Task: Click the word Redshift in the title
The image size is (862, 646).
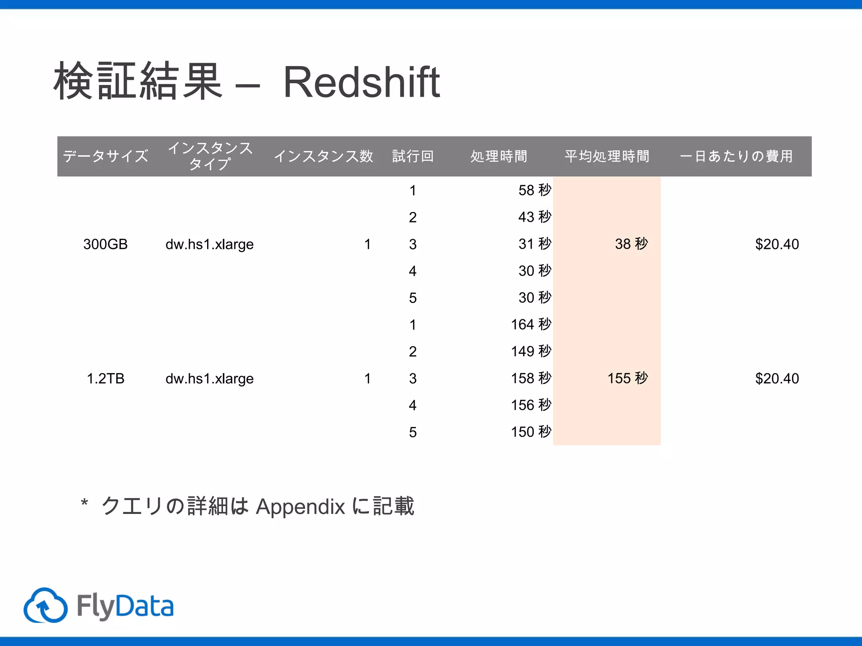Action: [361, 82]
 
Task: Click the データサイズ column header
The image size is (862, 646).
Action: [105, 156]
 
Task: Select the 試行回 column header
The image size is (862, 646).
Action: [412, 156]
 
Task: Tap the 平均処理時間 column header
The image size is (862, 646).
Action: [607, 156]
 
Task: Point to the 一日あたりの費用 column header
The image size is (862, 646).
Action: [736, 156]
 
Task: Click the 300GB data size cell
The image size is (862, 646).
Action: [105, 244]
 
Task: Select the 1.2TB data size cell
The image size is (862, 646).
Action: [105, 379]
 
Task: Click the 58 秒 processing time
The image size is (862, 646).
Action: [534, 190]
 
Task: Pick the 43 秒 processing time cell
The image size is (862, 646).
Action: [534, 217]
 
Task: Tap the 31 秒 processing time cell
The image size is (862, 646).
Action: [534, 244]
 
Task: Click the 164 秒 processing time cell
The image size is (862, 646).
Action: [530, 324]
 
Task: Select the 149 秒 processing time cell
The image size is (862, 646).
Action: [530, 351]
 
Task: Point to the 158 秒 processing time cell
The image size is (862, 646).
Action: [530, 378]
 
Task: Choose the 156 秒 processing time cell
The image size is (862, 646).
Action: [530, 405]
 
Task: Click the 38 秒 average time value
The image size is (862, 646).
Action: [631, 244]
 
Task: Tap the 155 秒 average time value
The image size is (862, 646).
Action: [627, 378]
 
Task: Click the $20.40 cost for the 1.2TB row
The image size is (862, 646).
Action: [777, 379]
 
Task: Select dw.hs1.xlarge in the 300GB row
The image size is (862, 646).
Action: [209, 244]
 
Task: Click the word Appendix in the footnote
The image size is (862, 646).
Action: [300, 507]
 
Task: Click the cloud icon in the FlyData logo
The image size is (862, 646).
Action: [45, 606]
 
